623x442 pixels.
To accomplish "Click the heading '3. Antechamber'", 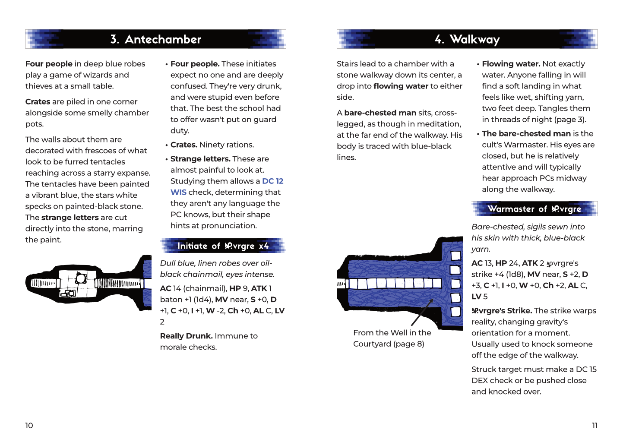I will (155, 40).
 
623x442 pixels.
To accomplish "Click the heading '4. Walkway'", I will (467, 40).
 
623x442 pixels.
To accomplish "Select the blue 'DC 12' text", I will (273, 181).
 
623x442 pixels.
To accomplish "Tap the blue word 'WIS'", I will (178, 193).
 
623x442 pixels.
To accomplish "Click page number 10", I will (29, 426).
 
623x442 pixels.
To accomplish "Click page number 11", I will (595, 426).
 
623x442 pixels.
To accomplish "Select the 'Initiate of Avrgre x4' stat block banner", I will (223, 246).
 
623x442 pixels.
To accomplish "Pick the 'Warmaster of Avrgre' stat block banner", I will (534, 209).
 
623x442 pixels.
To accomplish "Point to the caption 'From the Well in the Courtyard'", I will (392, 338).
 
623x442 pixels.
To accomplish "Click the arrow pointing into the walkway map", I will (422, 312).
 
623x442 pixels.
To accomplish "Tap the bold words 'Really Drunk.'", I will (186, 336).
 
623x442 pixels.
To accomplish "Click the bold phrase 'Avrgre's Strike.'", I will (501, 311).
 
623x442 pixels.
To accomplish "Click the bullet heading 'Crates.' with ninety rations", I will (184, 145).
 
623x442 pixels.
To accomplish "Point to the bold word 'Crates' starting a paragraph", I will (38, 102).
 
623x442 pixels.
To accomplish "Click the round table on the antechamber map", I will (81, 278).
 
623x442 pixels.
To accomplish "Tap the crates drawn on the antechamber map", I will (68, 294).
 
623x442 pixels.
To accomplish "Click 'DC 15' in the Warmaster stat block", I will (586, 369).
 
